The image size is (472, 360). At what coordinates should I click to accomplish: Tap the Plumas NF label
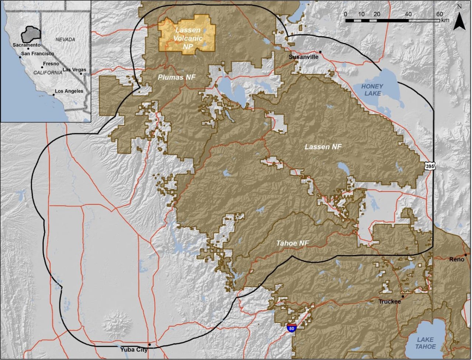tap(177, 77)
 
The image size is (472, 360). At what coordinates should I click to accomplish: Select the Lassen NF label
tap(323, 147)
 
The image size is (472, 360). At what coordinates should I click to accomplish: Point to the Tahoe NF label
tap(292, 243)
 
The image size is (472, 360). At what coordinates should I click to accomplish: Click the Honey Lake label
tap(372, 90)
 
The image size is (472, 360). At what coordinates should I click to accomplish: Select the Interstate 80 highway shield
tap(292, 328)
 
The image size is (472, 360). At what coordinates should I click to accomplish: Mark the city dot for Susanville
tap(320, 52)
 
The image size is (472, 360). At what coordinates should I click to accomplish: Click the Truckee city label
tap(389, 302)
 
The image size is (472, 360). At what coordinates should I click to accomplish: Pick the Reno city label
tap(457, 260)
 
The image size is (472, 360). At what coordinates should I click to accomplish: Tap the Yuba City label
tap(133, 349)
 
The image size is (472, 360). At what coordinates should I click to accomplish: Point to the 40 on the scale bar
tap(408, 14)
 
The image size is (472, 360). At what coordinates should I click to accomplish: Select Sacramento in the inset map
tap(26, 45)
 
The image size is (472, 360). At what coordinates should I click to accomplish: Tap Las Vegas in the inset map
tap(74, 70)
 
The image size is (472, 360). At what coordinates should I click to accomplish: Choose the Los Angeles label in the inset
tap(69, 91)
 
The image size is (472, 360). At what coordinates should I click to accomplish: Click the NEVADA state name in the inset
tap(65, 39)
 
